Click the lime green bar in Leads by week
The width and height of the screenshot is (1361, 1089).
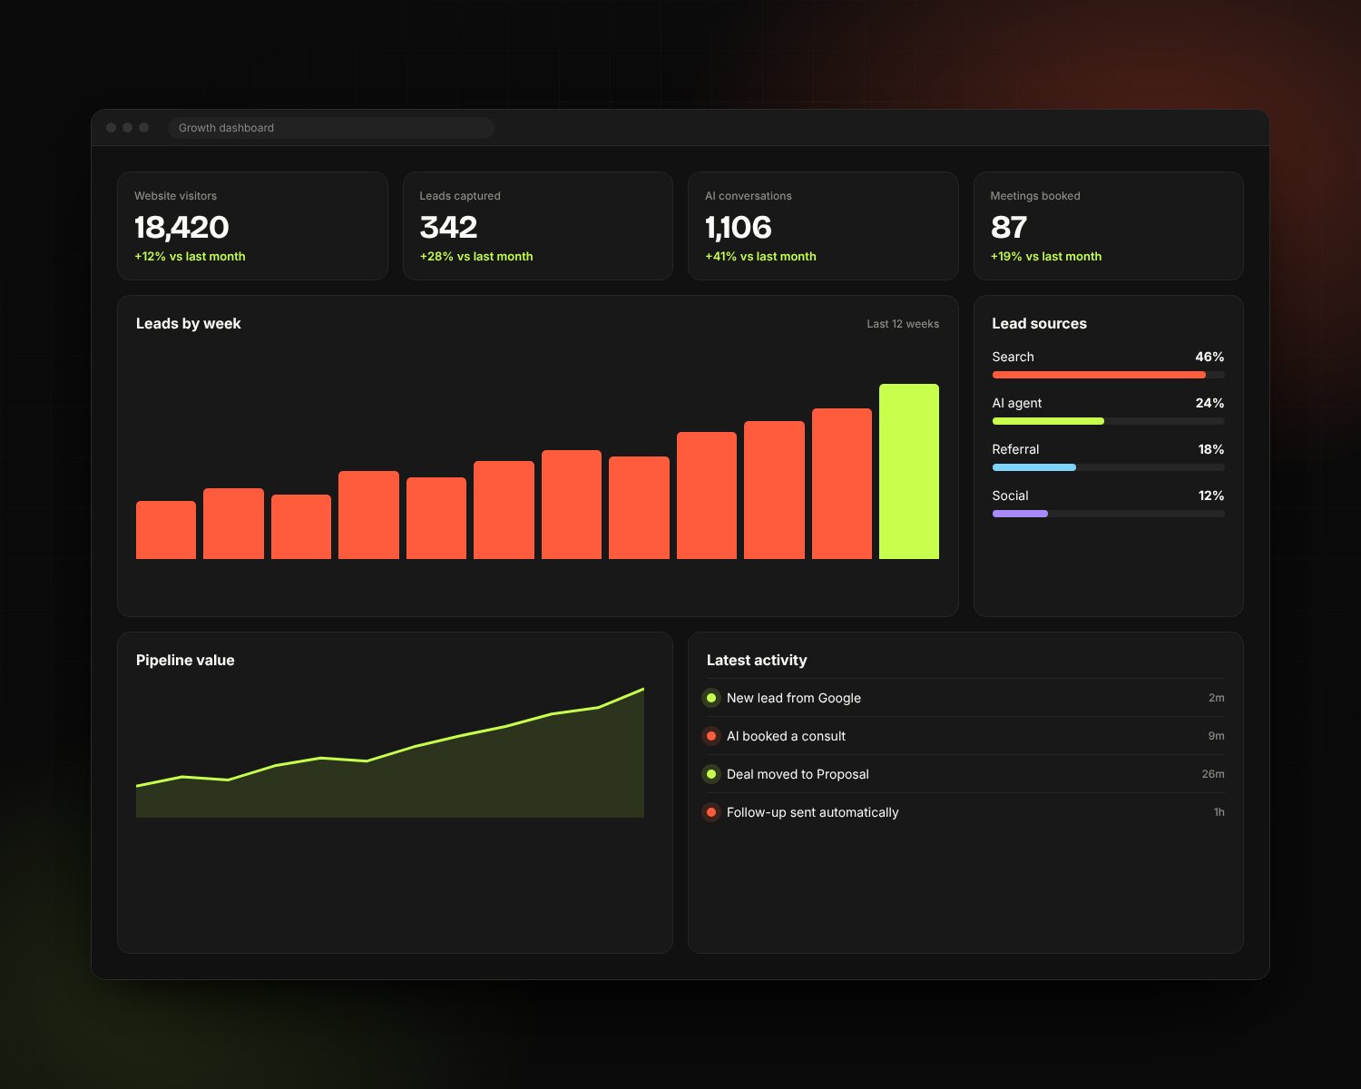coord(909,471)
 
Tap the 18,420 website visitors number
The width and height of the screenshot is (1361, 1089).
coord(181,227)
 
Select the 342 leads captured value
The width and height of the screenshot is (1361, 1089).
coord(448,227)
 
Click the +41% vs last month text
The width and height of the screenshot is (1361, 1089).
coord(761,256)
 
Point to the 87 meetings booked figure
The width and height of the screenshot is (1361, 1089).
coord(1009,227)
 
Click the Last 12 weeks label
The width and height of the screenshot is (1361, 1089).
coord(903,324)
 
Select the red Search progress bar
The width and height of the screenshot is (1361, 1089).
coord(1099,375)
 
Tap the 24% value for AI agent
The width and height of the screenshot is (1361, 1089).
coord(1209,403)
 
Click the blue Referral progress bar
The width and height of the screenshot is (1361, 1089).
coord(1034,467)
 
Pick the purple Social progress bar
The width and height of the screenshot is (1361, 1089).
coord(1020,514)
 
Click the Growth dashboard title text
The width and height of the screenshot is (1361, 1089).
coord(227,128)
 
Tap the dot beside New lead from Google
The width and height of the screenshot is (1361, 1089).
coord(711,698)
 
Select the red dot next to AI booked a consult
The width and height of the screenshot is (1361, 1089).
coord(711,736)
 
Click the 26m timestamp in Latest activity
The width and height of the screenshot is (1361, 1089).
coord(1213,774)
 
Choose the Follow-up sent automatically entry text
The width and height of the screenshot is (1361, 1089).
coord(813,812)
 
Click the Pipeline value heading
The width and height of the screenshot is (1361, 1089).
coord(185,660)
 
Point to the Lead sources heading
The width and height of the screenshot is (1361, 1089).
coord(1039,323)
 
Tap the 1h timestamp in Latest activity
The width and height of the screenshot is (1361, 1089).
coord(1219,812)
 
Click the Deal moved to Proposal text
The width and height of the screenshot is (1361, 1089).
coord(798,774)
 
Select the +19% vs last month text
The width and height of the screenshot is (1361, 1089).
coord(1046,256)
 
